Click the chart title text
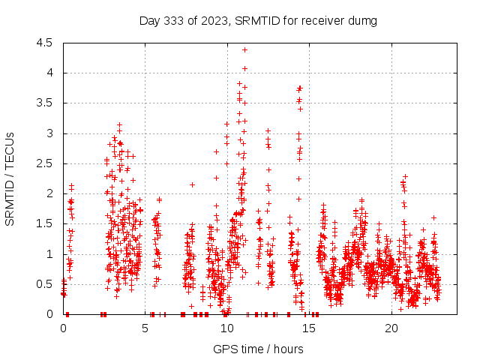(258, 20)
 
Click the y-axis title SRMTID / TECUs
(10, 178)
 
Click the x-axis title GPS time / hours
(258, 349)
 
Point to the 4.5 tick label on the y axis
(44, 43)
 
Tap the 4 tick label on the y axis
(49, 73)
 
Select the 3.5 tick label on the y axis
(44, 103)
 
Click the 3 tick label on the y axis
(49, 133)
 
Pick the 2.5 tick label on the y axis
(44, 163)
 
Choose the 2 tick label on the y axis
(49, 193)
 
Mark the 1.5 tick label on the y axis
(44, 224)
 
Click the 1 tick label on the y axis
(49, 254)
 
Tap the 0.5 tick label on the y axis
(44, 284)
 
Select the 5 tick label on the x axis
(145, 329)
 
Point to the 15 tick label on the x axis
(310, 329)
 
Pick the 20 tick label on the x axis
(391, 329)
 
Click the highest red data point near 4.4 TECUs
(244, 49)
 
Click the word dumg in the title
(362, 20)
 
